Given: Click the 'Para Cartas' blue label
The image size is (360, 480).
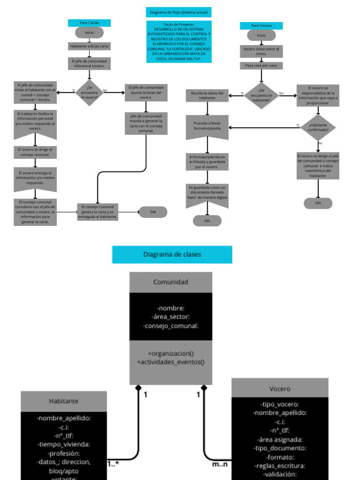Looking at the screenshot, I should click(x=89, y=22).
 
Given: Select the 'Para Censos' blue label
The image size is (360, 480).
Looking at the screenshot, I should click(x=261, y=25).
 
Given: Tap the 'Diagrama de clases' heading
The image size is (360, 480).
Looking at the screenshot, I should click(x=172, y=255).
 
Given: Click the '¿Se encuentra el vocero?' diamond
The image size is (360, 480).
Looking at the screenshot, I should click(x=89, y=92).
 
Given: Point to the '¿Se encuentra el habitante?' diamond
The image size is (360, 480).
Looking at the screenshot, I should click(x=262, y=95).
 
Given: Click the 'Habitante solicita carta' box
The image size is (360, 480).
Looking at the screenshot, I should click(x=89, y=46).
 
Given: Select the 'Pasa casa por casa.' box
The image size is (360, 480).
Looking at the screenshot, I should click(x=261, y=66).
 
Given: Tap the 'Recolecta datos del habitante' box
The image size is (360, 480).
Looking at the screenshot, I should click(x=207, y=95).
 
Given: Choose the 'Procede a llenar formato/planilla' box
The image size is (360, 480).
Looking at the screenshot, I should click(x=207, y=126).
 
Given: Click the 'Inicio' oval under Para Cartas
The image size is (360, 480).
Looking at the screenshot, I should click(x=89, y=33).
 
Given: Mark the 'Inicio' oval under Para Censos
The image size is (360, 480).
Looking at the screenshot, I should click(x=261, y=35).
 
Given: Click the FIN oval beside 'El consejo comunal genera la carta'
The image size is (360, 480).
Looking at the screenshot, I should click(x=153, y=212).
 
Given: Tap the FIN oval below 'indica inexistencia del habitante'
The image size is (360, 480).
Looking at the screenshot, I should click(x=318, y=203).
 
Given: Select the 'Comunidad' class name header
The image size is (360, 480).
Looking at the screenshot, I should click(x=171, y=282).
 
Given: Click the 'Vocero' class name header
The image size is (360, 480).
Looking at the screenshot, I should click(x=280, y=389).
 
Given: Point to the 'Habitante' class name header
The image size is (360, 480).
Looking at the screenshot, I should click(x=64, y=401).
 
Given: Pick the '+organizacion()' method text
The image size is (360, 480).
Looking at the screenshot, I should click(x=171, y=353).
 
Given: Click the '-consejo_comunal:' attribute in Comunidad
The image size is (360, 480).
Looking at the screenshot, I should click(x=171, y=326).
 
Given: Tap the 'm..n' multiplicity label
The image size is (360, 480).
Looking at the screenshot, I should click(x=219, y=464).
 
